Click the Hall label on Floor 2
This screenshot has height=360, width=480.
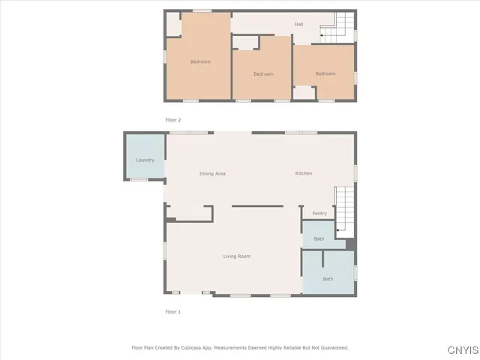(298, 25)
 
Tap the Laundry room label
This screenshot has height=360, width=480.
(145, 160)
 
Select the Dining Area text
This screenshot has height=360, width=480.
(212, 174)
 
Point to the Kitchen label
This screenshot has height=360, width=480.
(303, 174)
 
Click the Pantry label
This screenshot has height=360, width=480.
(319, 214)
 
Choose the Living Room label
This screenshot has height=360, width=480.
(237, 256)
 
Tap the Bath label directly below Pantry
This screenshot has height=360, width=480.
(319, 239)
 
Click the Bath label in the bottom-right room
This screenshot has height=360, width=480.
(328, 279)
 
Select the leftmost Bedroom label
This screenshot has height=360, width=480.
(199, 61)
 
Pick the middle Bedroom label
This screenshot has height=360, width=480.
(263, 73)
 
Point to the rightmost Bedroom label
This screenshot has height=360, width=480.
(325, 73)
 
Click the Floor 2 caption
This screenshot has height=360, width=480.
(173, 120)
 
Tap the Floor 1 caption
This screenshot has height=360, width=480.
(173, 311)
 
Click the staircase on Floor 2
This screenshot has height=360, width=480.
(337, 27)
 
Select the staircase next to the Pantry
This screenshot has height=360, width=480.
(343, 211)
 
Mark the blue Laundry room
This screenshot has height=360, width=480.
(145, 156)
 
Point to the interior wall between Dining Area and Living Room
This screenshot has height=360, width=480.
(256, 205)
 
